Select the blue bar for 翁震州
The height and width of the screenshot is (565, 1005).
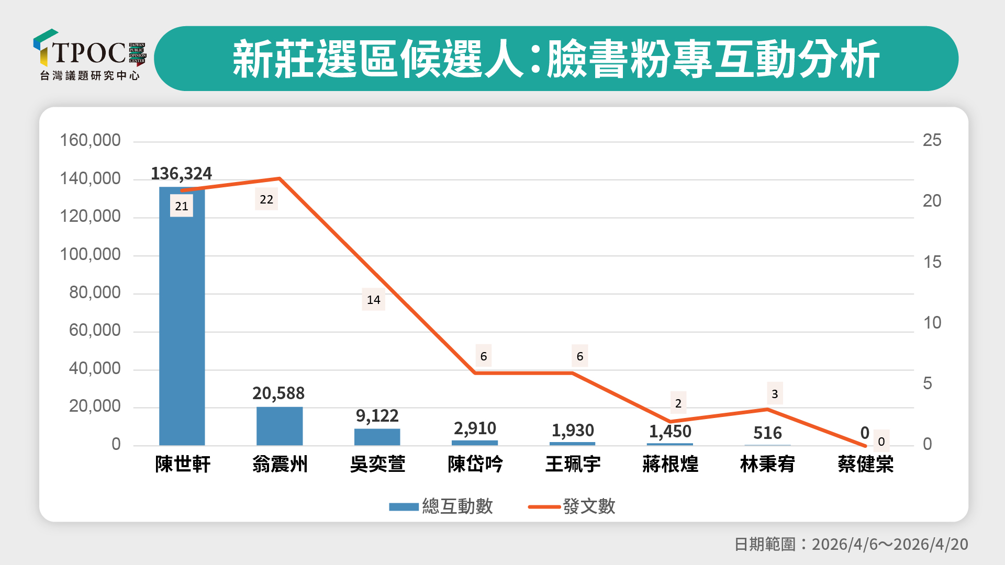point(280,426)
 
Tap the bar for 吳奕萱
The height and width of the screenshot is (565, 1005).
point(377,437)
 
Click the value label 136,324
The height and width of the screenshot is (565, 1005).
point(181,173)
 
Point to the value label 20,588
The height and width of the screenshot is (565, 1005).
point(278,393)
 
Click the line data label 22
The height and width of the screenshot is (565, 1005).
point(266,199)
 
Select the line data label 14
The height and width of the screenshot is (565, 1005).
point(373,300)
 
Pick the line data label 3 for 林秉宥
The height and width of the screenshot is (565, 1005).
point(775,393)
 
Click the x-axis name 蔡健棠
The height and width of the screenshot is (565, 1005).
point(865,464)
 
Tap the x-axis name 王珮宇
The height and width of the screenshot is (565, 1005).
point(573,464)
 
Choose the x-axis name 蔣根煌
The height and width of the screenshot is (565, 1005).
point(670,464)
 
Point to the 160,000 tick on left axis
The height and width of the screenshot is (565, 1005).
point(90,140)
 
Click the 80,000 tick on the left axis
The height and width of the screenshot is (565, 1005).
point(95,292)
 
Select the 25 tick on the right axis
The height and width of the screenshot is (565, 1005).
point(932,140)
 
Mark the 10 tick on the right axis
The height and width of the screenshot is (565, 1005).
point(932,323)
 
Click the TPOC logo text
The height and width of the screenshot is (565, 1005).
point(89,52)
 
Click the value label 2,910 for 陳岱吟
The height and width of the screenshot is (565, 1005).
point(475,428)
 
